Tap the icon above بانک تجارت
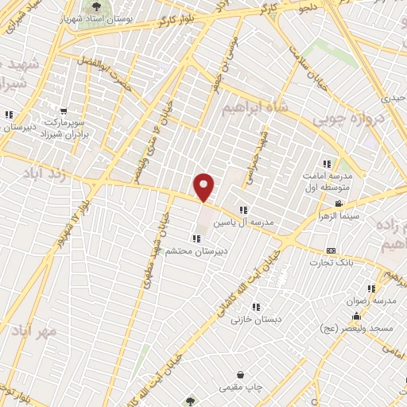[331, 251]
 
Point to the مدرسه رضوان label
[370, 301]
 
